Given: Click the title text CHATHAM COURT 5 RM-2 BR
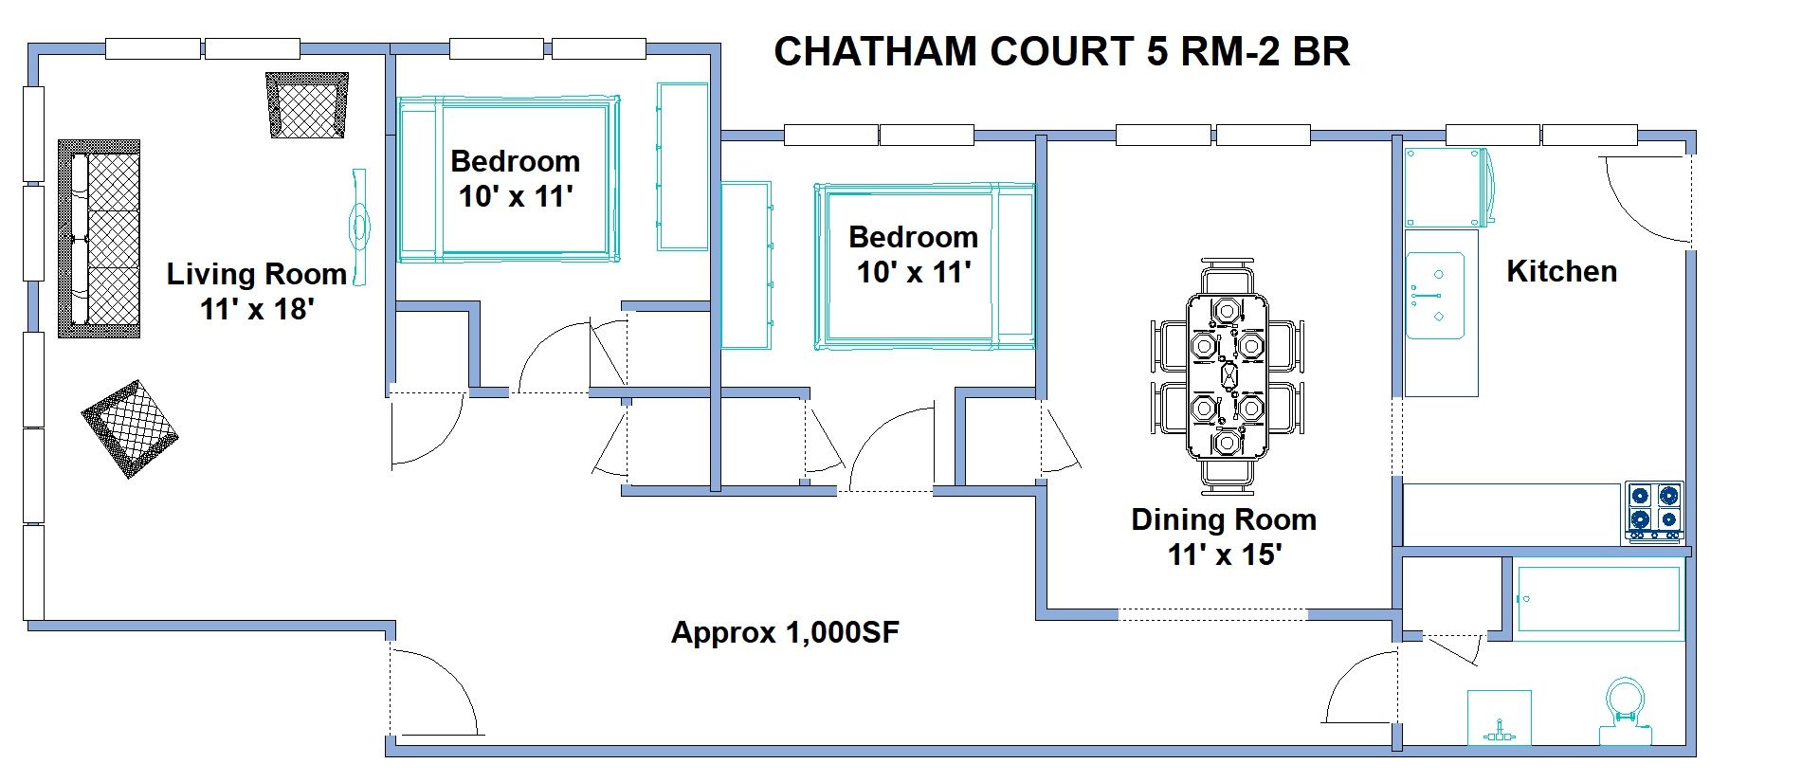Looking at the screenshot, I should pyautogui.click(x=1062, y=51).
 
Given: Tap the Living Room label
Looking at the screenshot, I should pyautogui.click(x=256, y=274).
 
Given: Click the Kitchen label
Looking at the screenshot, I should pyautogui.click(x=1561, y=271).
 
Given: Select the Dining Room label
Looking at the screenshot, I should pyautogui.click(x=1223, y=519).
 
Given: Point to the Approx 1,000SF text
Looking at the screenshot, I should pyautogui.click(x=785, y=632).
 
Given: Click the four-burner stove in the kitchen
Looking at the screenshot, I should pyautogui.click(x=1654, y=510).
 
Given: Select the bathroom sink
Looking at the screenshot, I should pyautogui.click(x=1499, y=718).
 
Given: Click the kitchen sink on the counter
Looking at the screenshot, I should pyautogui.click(x=1435, y=295).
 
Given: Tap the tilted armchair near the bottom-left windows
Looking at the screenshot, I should pyautogui.click(x=130, y=428).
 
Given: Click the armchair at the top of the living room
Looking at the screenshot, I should pyautogui.click(x=307, y=105).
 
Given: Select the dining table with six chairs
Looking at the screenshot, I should pyautogui.click(x=1227, y=375).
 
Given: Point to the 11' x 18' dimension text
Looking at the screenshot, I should pyautogui.click(x=256, y=309).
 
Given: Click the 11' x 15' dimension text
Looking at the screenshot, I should pyautogui.click(x=1223, y=555).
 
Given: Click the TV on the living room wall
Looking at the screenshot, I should pyautogui.click(x=359, y=227).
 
